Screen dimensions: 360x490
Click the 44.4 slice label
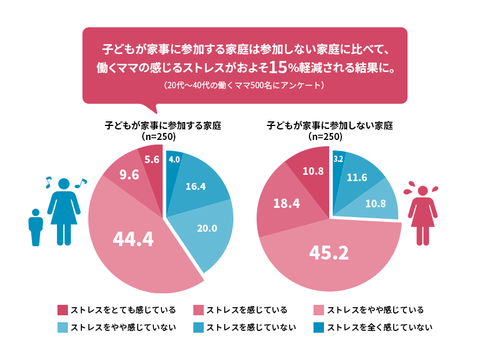(x=133, y=239)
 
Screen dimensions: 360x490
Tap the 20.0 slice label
(x=207, y=228)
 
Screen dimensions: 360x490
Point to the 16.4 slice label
(x=196, y=186)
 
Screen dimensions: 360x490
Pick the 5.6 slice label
(x=152, y=160)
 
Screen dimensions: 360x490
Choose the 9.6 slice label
(x=129, y=174)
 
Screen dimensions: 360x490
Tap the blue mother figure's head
(x=64, y=183)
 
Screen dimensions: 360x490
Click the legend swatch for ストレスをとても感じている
(x=63, y=309)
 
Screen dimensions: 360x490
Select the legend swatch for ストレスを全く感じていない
(x=319, y=327)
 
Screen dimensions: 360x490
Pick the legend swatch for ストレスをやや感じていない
(x=63, y=327)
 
